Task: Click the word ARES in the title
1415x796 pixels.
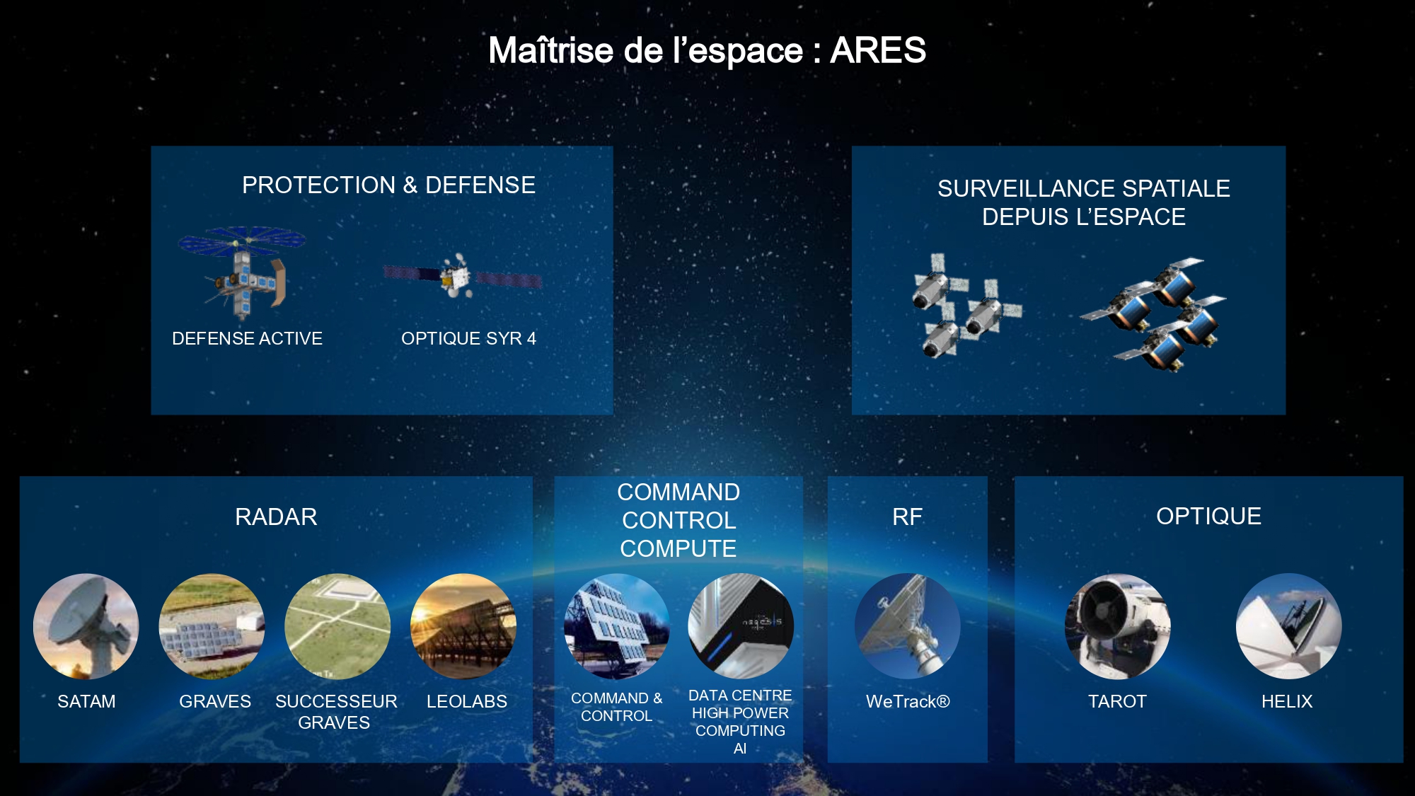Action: [878, 50]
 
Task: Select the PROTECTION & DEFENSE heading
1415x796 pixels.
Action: [388, 185]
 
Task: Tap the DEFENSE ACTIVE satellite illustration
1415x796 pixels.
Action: [242, 272]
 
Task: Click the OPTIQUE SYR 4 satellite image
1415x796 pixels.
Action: [463, 277]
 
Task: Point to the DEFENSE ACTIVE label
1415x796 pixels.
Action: [247, 338]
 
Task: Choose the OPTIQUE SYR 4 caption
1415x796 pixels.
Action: [468, 338]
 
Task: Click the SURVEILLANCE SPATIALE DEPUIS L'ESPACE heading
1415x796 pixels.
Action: [1084, 202]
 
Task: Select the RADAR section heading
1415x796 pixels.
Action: [276, 517]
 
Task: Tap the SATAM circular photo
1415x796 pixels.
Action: [86, 626]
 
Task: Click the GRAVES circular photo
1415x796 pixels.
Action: [212, 626]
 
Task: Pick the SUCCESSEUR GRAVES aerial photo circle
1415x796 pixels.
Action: [337, 626]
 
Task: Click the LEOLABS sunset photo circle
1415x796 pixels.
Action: [463, 626]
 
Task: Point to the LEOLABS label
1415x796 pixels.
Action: [467, 701]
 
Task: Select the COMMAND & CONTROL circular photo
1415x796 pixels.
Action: [617, 626]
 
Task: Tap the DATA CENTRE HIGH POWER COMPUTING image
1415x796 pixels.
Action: [741, 626]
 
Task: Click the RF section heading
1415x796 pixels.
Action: [907, 517]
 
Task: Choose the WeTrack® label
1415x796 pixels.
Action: [908, 701]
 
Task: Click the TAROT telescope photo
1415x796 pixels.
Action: [1118, 626]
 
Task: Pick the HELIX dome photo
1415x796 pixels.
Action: [1288, 626]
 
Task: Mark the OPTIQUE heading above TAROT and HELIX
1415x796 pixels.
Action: [1208, 516]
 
